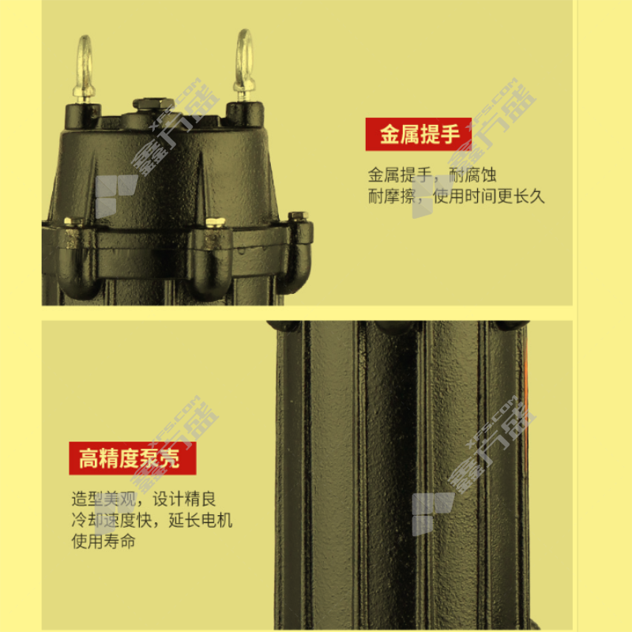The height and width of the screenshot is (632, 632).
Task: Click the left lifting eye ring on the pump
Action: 78,61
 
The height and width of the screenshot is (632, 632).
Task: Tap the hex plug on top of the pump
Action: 153,104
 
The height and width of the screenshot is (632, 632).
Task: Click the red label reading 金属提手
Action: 419,134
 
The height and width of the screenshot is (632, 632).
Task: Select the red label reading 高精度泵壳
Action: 133,458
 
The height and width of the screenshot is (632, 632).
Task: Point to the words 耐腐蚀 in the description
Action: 472,175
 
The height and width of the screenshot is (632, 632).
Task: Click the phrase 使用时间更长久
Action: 489,197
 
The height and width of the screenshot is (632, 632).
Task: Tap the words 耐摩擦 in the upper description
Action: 392,197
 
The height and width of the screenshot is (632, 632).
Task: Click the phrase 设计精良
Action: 184,499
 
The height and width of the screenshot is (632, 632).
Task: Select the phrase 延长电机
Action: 201,521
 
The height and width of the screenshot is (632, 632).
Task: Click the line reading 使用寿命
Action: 103,541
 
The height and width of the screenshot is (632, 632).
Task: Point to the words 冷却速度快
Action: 111,521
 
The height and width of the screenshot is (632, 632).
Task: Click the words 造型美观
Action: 103,499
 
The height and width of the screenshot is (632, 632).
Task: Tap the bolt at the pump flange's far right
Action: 299,216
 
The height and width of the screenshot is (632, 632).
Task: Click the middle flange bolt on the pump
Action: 215,223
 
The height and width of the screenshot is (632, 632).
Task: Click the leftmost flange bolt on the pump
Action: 73,222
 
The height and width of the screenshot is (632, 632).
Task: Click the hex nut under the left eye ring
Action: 85,98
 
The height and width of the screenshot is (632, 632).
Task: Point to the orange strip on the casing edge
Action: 526,395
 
